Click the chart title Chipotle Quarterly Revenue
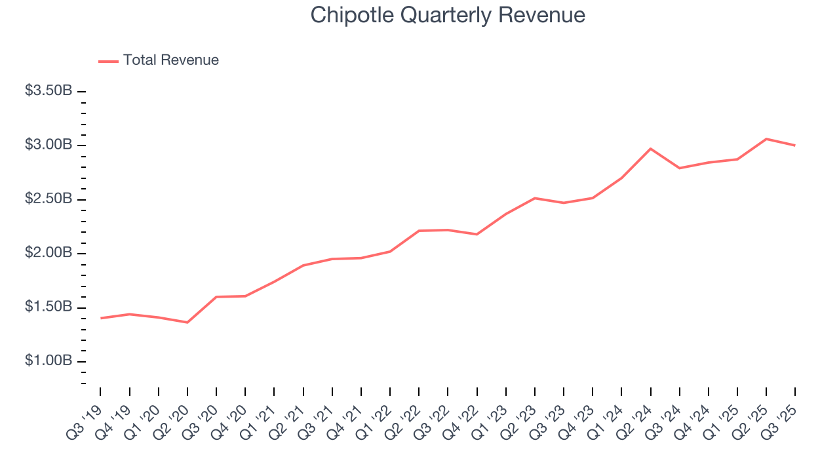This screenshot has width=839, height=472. point(448,15)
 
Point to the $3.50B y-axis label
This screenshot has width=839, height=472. point(49,90)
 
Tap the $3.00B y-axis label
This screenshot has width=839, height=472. point(49,145)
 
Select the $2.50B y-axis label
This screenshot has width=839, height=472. point(49,199)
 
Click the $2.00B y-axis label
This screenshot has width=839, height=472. point(49,253)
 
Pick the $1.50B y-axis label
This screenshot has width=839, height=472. point(49,307)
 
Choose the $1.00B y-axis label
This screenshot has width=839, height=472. point(49,361)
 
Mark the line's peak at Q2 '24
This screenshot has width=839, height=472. point(650,149)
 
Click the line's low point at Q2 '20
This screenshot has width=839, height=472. point(187,322)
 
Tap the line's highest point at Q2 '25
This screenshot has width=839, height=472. point(766,139)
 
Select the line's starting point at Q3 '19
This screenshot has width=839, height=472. point(101,318)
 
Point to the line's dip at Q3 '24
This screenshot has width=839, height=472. point(679,168)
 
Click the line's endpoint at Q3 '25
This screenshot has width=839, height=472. point(794,145)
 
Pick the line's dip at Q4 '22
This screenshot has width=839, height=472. point(477,234)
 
